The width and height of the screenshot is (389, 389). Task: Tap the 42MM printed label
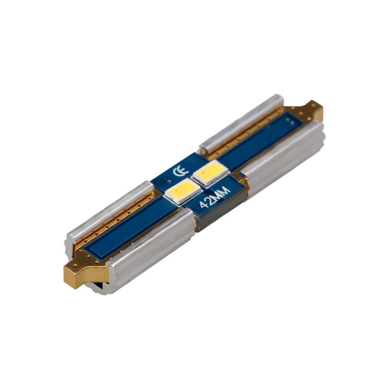coord(215,197)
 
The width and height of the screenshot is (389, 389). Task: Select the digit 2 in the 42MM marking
coord(210,200)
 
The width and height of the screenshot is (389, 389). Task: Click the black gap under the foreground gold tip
coord(97,286)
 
